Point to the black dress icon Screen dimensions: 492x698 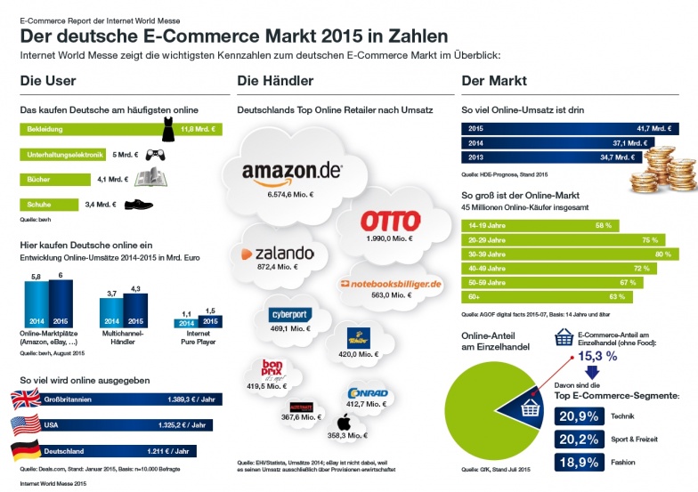coord(168,130)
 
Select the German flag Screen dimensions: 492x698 coord(25,451)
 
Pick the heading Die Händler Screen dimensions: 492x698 coord(274,82)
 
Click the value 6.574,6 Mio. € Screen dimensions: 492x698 coord(291,194)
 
